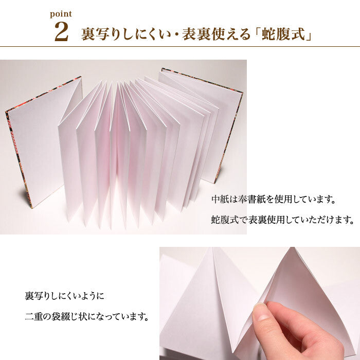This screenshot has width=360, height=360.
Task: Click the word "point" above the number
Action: tap(61, 14)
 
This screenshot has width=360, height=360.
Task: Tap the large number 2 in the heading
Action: tap(61, 32)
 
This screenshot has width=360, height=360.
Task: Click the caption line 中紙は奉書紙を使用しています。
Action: tap(266, 199)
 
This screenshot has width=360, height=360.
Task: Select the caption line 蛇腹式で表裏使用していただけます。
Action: tap(283, 220)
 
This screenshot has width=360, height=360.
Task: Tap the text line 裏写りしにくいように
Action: tap(64, 297)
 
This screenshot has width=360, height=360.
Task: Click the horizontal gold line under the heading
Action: tap(180, 47)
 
